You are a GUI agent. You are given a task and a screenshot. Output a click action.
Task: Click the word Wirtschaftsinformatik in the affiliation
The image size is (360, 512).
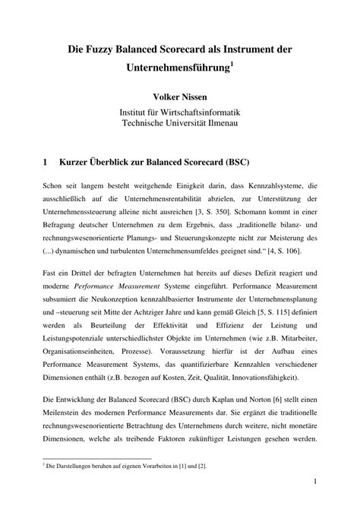pos(201,112)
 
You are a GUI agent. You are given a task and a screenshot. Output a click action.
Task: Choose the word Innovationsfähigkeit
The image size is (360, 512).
pos(266,378)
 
